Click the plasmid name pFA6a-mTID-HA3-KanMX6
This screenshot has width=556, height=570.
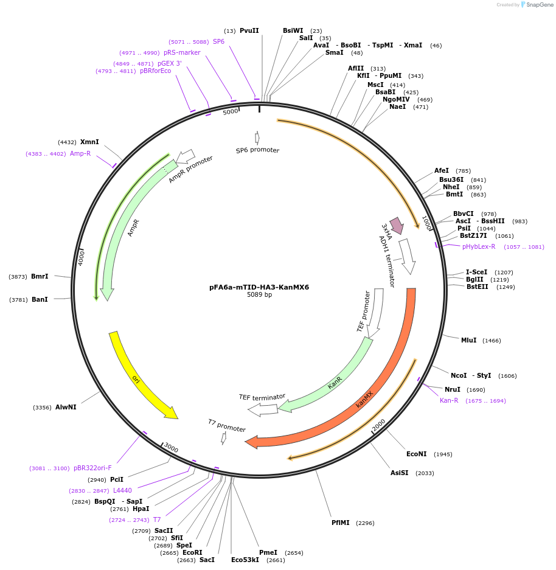coord(259,287)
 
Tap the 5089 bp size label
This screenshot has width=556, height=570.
coord(259,295)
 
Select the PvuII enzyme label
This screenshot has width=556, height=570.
coord(249,30)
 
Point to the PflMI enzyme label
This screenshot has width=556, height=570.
coord(341,523)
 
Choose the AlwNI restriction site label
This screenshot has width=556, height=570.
coord(66,407)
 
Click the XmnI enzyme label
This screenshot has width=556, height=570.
coord(89,142)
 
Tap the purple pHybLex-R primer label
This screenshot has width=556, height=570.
coord(479,246)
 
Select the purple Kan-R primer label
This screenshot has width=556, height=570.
coord(449,400)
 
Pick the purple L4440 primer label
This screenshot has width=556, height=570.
coord(122,490)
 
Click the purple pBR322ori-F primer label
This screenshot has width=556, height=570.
coord(92,468)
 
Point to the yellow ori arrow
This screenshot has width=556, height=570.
coord(141,378)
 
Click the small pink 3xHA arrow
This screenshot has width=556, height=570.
coord(397,224)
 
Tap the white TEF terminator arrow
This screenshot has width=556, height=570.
coord(263,410)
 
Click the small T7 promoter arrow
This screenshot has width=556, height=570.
coord(224,437)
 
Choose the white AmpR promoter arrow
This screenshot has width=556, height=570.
coord(185,156)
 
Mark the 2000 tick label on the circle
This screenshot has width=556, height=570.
coord(379,425)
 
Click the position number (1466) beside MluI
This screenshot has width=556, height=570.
coord(492,341)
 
